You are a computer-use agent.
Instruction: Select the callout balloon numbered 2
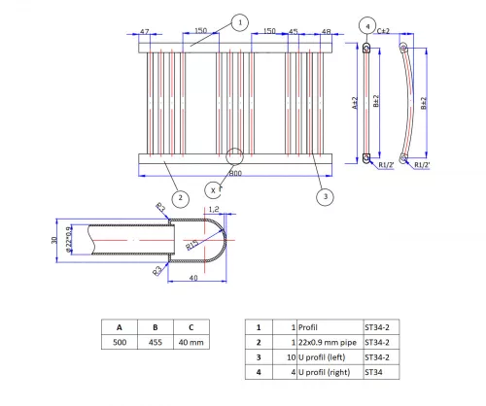click(179, 197)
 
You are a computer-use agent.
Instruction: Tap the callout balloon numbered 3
click(325, 196)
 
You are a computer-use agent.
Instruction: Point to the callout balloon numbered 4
click(366, 24)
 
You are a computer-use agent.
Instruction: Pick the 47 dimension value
click(145, 32)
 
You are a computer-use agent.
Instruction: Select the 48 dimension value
click(327, 32)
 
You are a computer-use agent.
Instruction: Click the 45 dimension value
click(294, 32)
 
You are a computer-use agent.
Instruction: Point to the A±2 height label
click(356, 100)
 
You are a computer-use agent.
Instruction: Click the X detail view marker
click(212, 189)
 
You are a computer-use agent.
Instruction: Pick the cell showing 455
click(156, 343)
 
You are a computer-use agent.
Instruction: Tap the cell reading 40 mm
click(193, 343)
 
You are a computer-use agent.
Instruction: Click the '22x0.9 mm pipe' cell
click(325, 343)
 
